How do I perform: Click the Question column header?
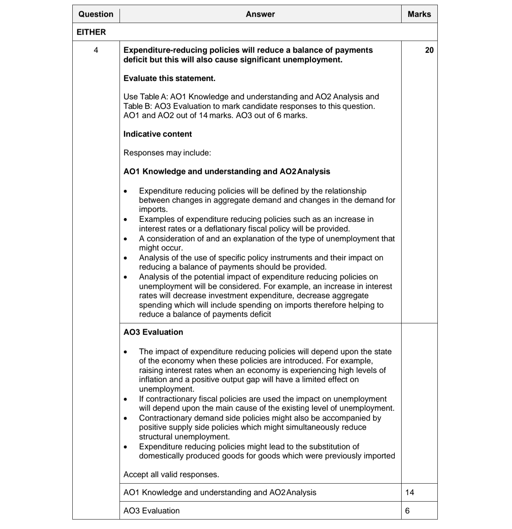coord(96,14)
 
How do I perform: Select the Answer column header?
coord(260,14)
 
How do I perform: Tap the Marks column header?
coord(419,14)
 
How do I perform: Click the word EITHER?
coord(91,32)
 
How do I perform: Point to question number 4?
coord(96,50)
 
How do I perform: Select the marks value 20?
coord(429,50)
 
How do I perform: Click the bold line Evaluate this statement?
coord(169,78)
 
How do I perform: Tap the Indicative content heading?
coord(158,134)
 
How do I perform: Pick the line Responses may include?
coord(167,153)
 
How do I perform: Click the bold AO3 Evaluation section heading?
coord(153,332)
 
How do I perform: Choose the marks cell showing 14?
coord(410,492)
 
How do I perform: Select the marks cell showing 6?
coord(407,511)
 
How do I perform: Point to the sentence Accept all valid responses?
coord(171,475)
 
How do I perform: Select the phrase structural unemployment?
coord(184,437)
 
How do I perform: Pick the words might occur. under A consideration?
coord(161,248)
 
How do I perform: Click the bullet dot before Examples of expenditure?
coord(126,220)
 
